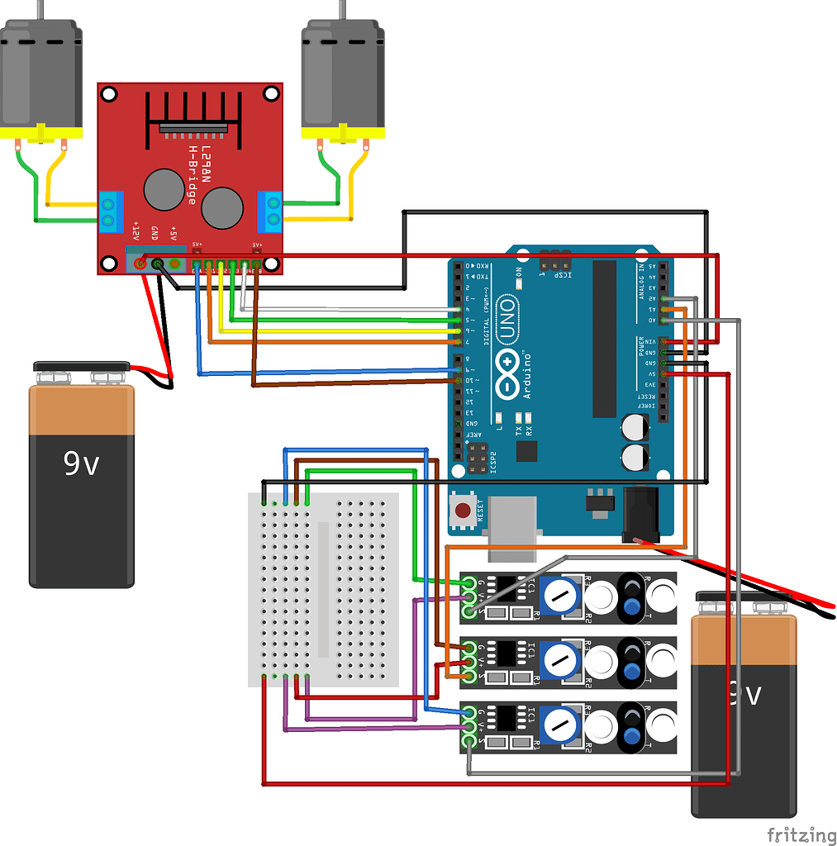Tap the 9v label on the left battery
pos(81,464)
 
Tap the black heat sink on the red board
pos(193,114)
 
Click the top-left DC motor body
pos(40,78)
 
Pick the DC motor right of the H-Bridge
pos(342,78)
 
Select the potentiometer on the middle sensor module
pos(562,659)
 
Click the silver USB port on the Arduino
pos(512,522)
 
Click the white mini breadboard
pos(323,589)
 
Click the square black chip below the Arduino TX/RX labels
pos(526,451)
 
